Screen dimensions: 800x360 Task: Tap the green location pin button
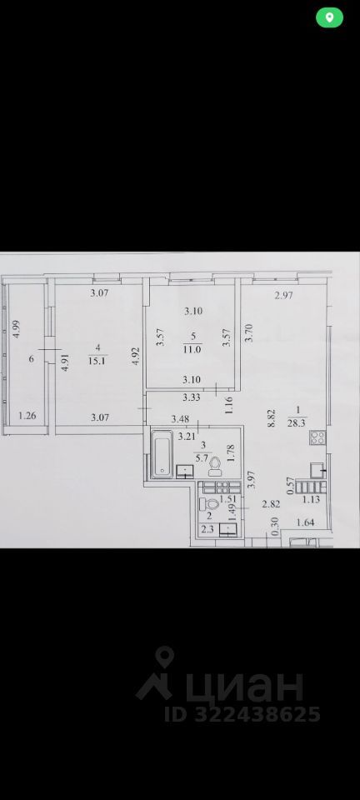click(x=330, y=17)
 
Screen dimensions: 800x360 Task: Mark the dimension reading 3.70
click(x=248, y=335)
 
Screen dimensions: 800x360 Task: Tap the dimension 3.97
click(x=250, y=481)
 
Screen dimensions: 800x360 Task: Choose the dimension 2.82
click(x=269, y=504)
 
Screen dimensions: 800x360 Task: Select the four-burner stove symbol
click(x=317, y=469)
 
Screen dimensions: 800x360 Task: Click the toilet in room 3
click(x=215, y=463)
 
